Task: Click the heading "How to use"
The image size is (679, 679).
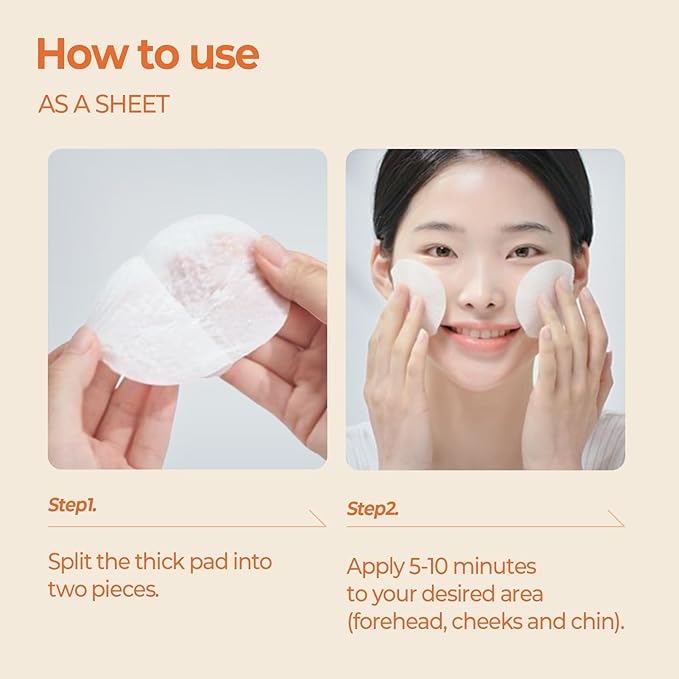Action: point(147,54)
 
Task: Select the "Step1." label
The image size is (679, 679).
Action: point(72,505)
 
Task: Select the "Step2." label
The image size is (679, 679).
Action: point(372,509)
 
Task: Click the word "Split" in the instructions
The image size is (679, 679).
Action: point(71,561)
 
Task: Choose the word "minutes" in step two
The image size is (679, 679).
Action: point(500,566)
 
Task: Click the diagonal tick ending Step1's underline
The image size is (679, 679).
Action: point(318,518)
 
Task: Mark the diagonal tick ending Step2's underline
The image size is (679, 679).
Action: point(616,519)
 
